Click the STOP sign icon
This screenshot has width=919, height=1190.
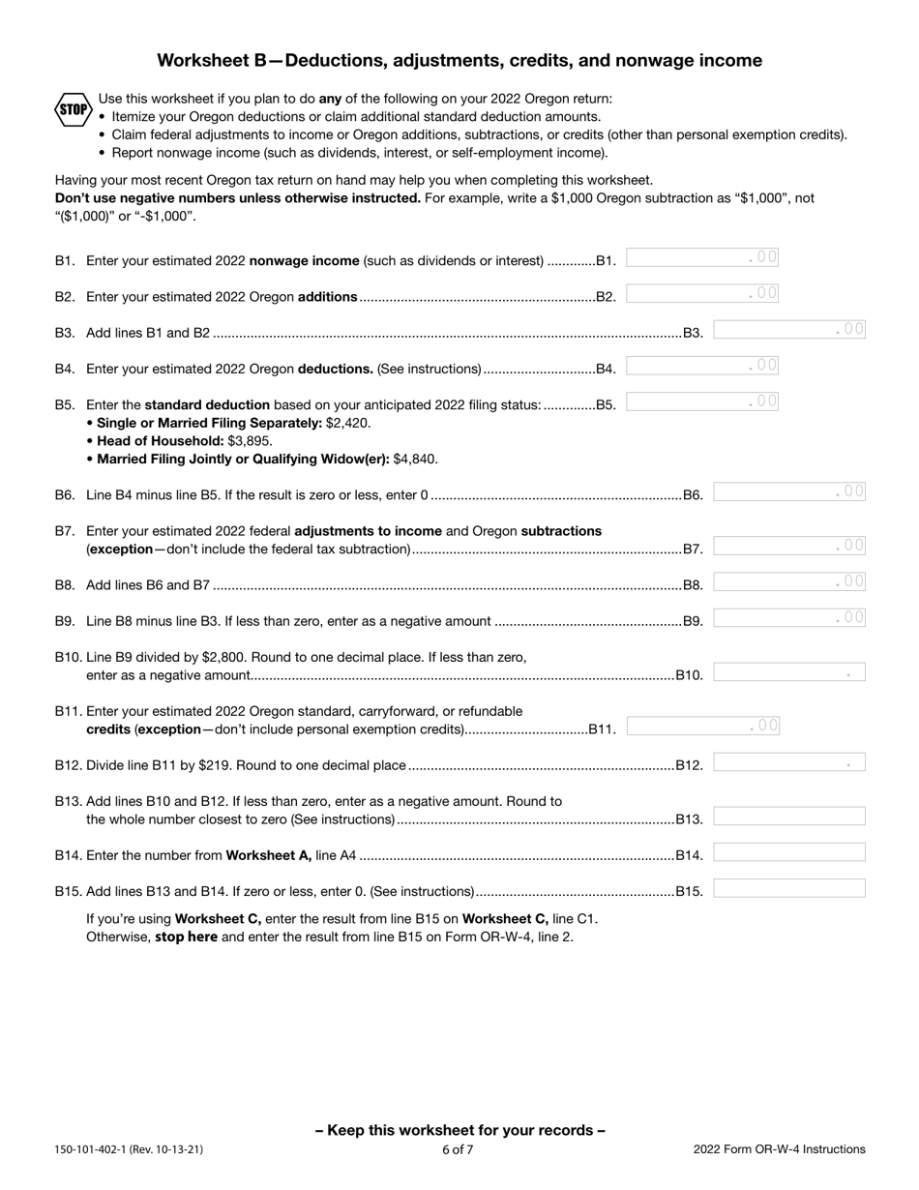click(73, 109)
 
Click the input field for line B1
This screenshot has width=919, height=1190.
click(701, 257)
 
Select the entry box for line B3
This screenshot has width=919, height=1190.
click(788, 329)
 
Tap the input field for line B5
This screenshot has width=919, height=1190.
click(701, 402)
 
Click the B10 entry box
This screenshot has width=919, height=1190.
click(788, 672)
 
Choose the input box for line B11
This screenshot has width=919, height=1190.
click(701, 726)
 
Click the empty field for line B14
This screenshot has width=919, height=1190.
click(788, 852)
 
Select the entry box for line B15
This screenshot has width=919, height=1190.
click(788, 888)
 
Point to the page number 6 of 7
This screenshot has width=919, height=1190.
click(459, 1150)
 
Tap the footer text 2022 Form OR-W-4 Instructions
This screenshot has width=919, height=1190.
click(779, 1150)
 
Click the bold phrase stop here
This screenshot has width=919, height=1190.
click(186, 937)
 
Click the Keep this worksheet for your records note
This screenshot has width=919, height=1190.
click(459, 1130)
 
